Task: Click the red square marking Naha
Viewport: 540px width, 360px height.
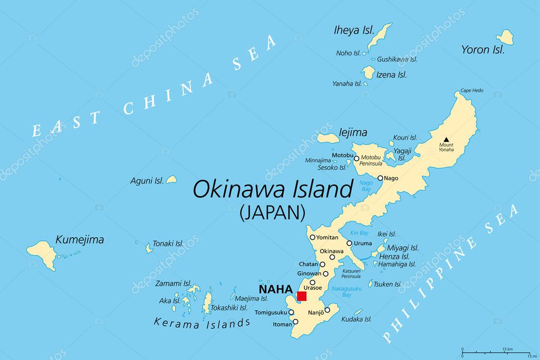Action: coord(302,296)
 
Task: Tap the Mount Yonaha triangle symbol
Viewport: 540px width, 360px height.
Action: coord(446,139)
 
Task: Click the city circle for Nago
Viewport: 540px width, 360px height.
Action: coord(380,178)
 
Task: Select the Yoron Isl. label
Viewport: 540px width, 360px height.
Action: coord(483,50)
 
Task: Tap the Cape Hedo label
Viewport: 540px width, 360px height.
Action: coord(471,91)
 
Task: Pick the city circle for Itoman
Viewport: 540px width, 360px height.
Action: coord(295,322)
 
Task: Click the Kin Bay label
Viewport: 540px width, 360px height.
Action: coord(359,233)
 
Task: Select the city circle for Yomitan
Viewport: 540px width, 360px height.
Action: coord(313,238)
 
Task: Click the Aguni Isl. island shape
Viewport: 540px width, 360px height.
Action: coord(171,180)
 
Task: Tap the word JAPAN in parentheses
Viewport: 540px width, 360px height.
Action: coord(273,212)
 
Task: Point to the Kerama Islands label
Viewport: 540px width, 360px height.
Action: coord(202,322)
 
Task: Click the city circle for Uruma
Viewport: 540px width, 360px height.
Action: coord(349,244)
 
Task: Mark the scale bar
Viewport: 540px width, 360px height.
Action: coord(496,351)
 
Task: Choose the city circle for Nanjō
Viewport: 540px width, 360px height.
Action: coord(327,310)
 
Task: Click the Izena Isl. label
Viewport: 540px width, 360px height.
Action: coord(391,75)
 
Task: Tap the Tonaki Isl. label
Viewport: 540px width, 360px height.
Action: coord(168,244)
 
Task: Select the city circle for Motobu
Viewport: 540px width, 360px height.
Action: coord(356,158)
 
